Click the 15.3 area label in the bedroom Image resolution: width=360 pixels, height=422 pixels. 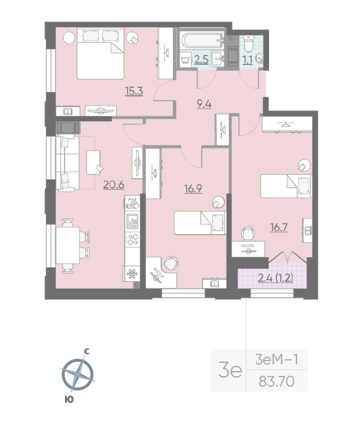point(134,91)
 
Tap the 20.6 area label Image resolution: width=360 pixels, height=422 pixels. point(114,185)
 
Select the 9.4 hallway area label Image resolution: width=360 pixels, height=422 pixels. point(205,103)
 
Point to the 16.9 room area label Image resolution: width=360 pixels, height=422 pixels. point(193,189)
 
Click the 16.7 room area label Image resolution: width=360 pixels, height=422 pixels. point(279,227)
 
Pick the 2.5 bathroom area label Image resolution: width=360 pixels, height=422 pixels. point(201,60)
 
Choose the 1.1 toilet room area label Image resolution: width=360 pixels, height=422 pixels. point(247,60)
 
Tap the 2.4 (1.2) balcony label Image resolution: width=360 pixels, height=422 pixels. point(276,278)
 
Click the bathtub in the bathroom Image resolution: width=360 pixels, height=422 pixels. point(202,40)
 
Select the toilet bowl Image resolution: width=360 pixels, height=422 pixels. point(248,44)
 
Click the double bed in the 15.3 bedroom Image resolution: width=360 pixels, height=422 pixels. point(101,53)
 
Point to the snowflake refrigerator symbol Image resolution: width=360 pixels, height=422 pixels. point(131,274)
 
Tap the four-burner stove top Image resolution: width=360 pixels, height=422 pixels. point(132,239)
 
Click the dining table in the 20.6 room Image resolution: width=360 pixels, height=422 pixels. point(67,245)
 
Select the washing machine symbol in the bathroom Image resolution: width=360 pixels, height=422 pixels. point(185,60)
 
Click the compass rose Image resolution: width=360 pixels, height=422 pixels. point(77,375)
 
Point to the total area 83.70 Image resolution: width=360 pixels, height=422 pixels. point(277,381)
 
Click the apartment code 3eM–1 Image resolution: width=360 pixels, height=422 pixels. point(277,359)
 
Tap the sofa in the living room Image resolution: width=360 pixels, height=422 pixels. point(67,164)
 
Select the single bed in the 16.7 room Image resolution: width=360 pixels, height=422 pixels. point(286,186)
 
